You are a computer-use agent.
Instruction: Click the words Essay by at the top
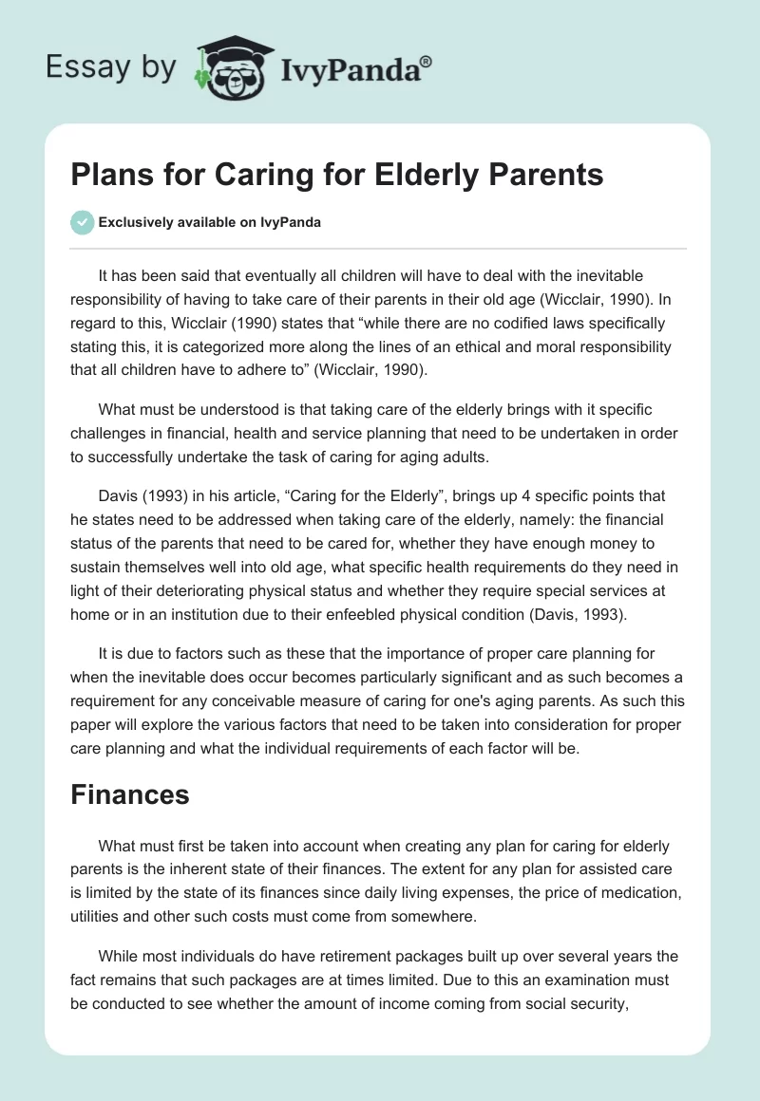point(111,66)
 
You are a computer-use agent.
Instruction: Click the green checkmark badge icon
point(82,222)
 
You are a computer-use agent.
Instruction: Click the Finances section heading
point(130,794)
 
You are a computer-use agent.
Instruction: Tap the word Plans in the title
point(109,176)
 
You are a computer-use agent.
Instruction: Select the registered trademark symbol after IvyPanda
point(427,60)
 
